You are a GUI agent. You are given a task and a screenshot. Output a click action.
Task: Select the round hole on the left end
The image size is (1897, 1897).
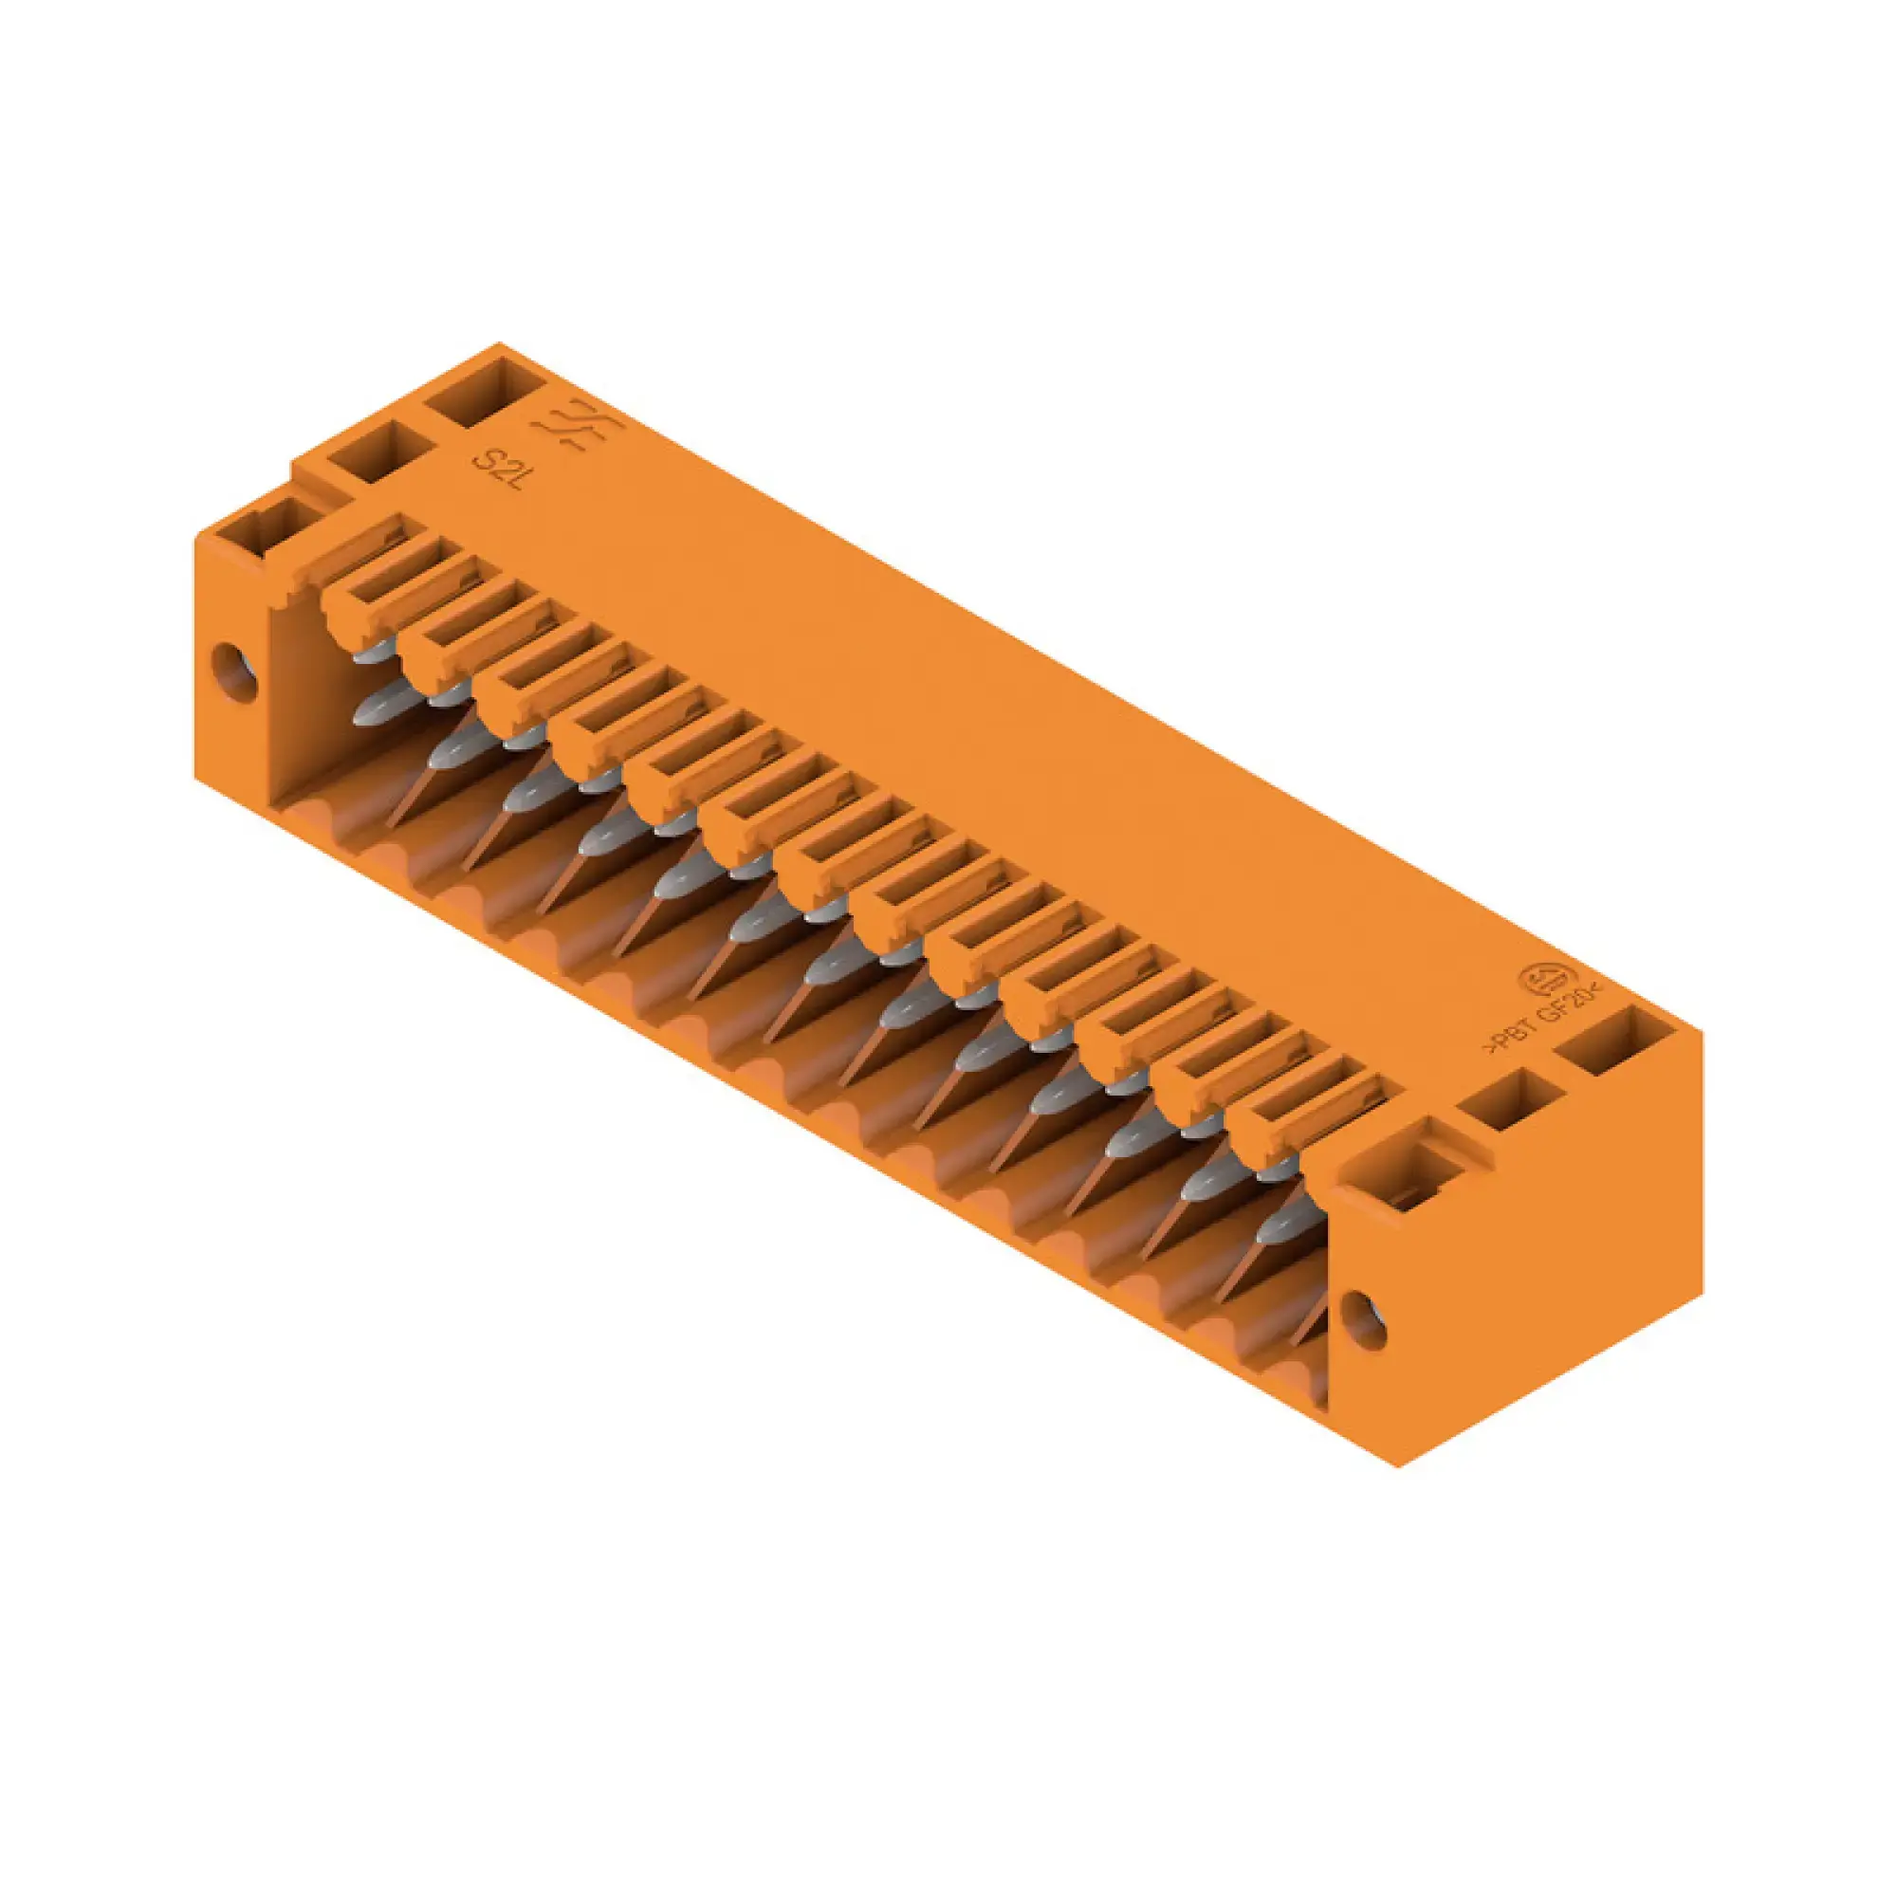pos(234,672)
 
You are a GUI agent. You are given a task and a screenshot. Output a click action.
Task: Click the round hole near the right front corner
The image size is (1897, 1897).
pos(1363,1319)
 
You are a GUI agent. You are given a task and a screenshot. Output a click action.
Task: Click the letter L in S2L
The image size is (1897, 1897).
pos(521,483)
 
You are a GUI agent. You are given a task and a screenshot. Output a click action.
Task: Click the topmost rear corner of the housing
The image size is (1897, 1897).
pos(499,343)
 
